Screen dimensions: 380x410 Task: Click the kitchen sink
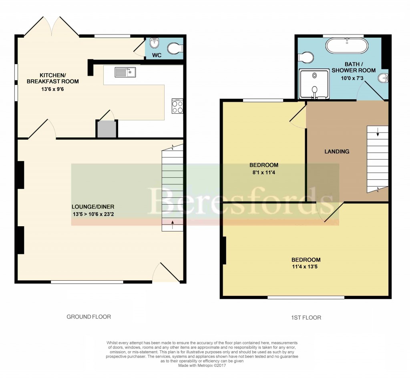coord(125,72)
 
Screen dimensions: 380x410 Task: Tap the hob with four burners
coord(177,106)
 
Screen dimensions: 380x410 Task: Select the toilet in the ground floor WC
coord(175,48)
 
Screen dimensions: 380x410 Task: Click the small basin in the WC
coord(153,43)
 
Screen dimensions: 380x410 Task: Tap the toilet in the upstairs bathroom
coord(306,58)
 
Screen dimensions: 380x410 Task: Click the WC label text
coord(157,55)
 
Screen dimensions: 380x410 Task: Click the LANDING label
coord(337,151)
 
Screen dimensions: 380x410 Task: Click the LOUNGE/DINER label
coord(93,207)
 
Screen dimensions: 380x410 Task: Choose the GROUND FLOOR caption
coord(88,317)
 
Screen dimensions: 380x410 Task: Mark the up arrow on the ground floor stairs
coord(173,225)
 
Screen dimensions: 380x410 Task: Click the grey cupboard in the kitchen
coord(107,129)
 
